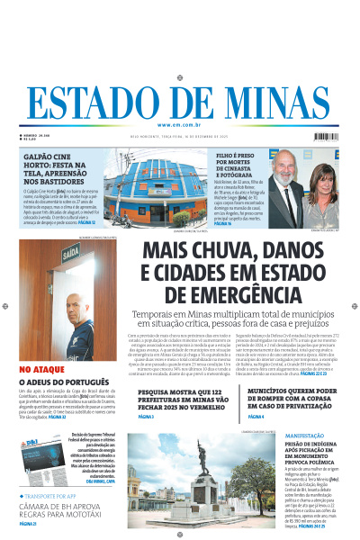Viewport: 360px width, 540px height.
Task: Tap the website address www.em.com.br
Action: [180, 124]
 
